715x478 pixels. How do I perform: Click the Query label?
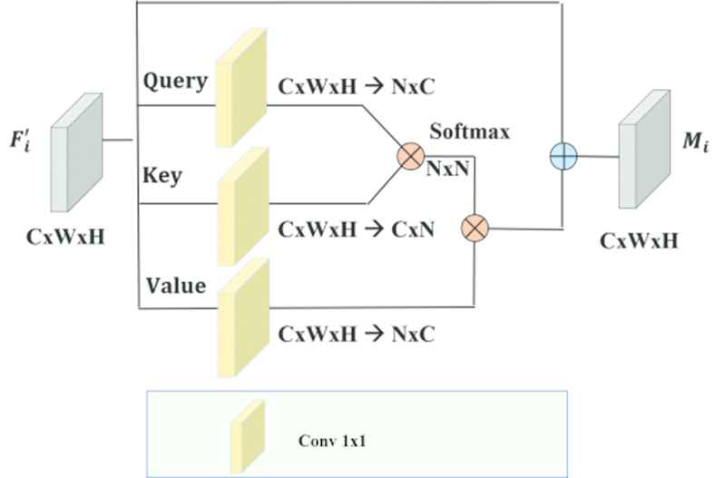click(x=175, y=81)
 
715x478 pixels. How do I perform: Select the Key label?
click(x=162, y=175)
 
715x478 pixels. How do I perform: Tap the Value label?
click(x=176, y=286)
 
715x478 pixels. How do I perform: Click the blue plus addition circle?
click(x=563, y=156)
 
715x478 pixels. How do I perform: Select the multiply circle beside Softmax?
click(x=410, y=156)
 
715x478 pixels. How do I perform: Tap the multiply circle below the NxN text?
click(x=475, y=228)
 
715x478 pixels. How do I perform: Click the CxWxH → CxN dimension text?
click(x=356, y=229)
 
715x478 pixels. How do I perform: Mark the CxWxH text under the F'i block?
click(x=65, y=239)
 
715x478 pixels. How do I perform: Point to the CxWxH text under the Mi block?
click(x=639, y=242)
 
